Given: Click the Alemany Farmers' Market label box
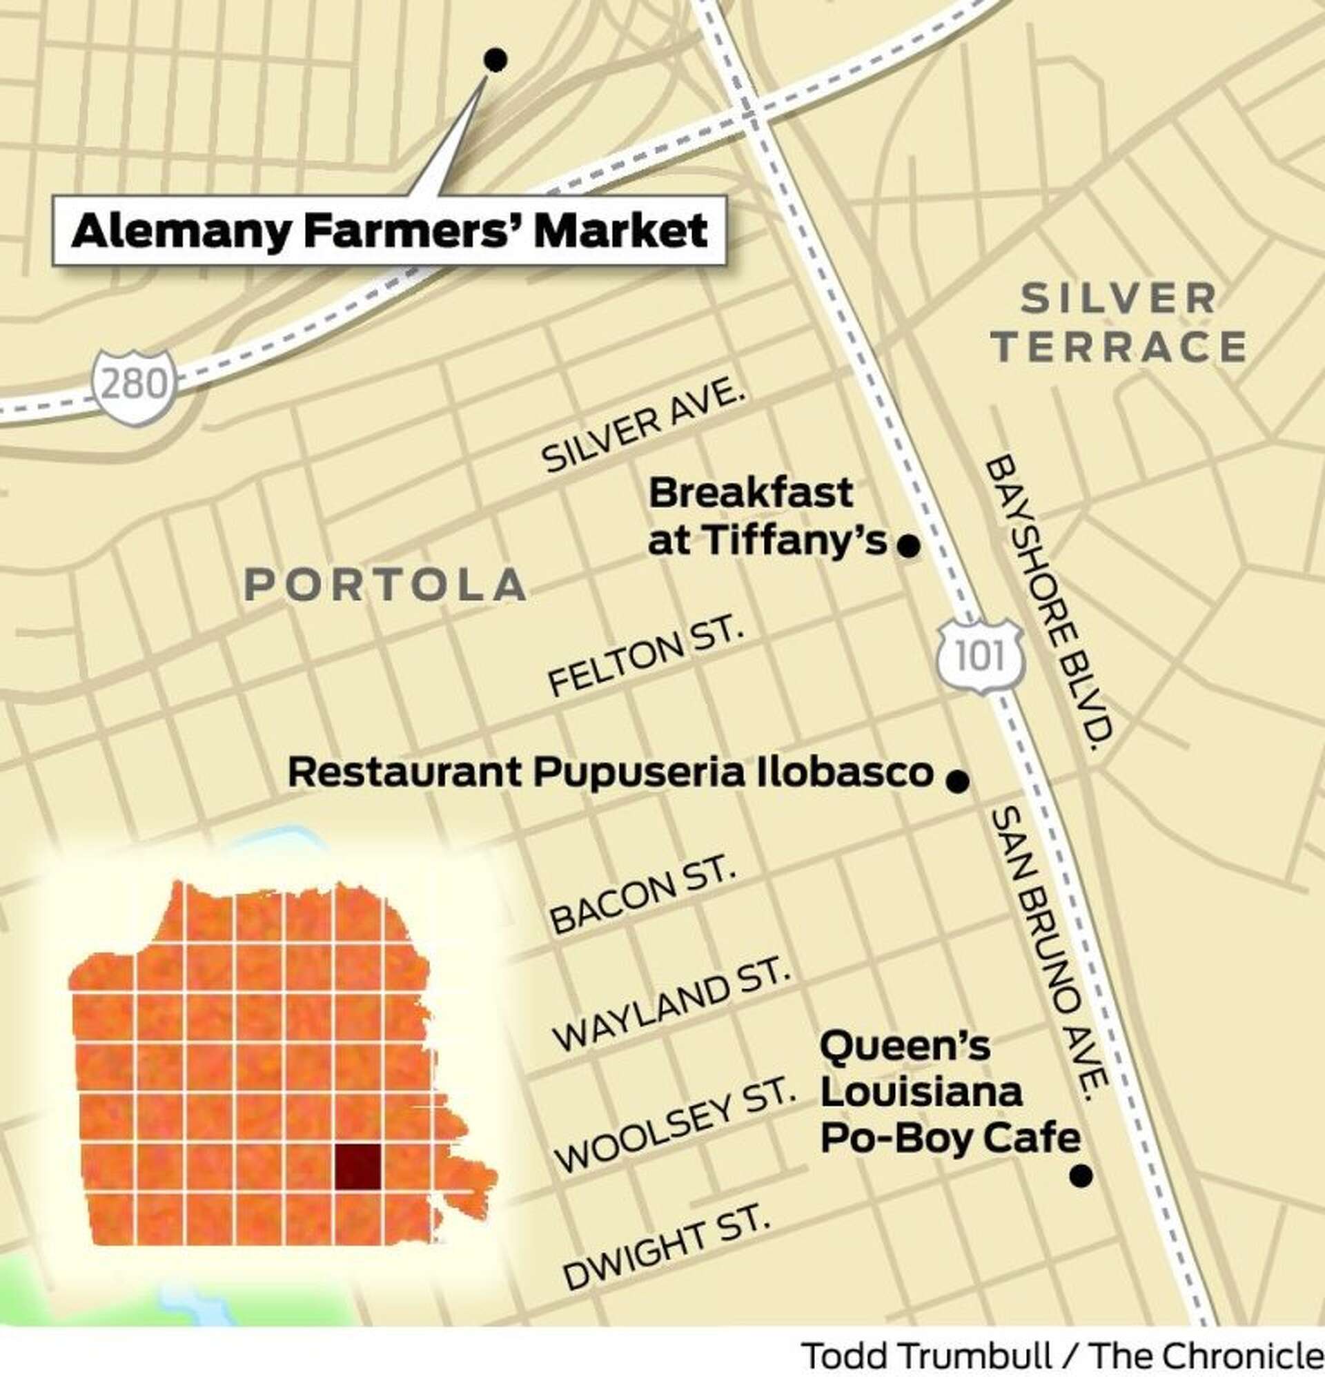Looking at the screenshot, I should [389, 231].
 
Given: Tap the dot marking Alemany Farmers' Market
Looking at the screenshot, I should [496, 61].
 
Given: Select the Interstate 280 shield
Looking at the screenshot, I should [133, 386].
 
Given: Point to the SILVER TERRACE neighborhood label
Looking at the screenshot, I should [1119, 324].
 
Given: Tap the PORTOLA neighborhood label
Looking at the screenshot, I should [386, 585].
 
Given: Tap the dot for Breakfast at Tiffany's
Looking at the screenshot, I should [908, 546].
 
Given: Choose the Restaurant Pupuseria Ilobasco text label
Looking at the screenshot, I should [610, 773].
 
